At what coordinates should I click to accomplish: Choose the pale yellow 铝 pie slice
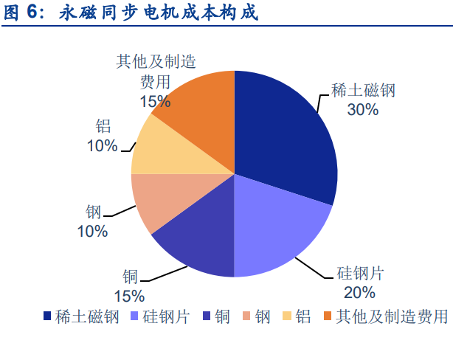(x=162, y=153)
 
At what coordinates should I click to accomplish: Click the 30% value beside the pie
(x=363, y=110)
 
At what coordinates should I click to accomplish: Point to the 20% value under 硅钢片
(x=359, y=292)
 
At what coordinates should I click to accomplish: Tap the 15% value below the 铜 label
(x=129, y=296)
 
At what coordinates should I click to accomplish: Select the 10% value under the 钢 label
(x=92, y=232)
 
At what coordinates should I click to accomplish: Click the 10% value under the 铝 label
(x=103, y=145)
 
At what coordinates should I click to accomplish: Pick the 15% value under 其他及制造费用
(x=155, y=102)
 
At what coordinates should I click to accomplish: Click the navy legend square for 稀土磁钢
(x=47, y=316)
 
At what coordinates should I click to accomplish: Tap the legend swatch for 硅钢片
(x=134, y=316)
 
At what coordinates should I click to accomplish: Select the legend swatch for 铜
(x=207, y=316)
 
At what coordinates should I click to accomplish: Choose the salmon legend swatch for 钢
(x=246, y=316)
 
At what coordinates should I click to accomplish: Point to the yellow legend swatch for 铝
(x=287, y=316)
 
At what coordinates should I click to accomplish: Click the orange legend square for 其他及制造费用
(x=328, y=316)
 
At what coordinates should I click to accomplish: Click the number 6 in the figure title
(x=32, y=12)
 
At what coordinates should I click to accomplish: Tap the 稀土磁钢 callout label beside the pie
(x=363, y=90)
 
